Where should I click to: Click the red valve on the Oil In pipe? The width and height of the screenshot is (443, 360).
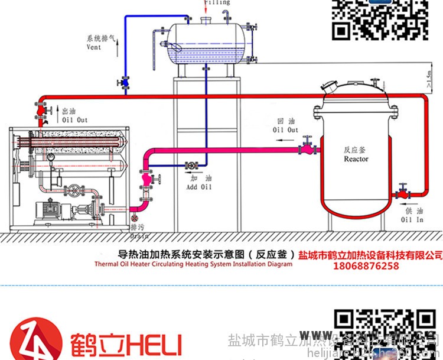402,191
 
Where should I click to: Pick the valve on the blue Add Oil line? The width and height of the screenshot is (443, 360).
191,166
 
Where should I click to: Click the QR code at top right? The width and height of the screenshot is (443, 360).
379,19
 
